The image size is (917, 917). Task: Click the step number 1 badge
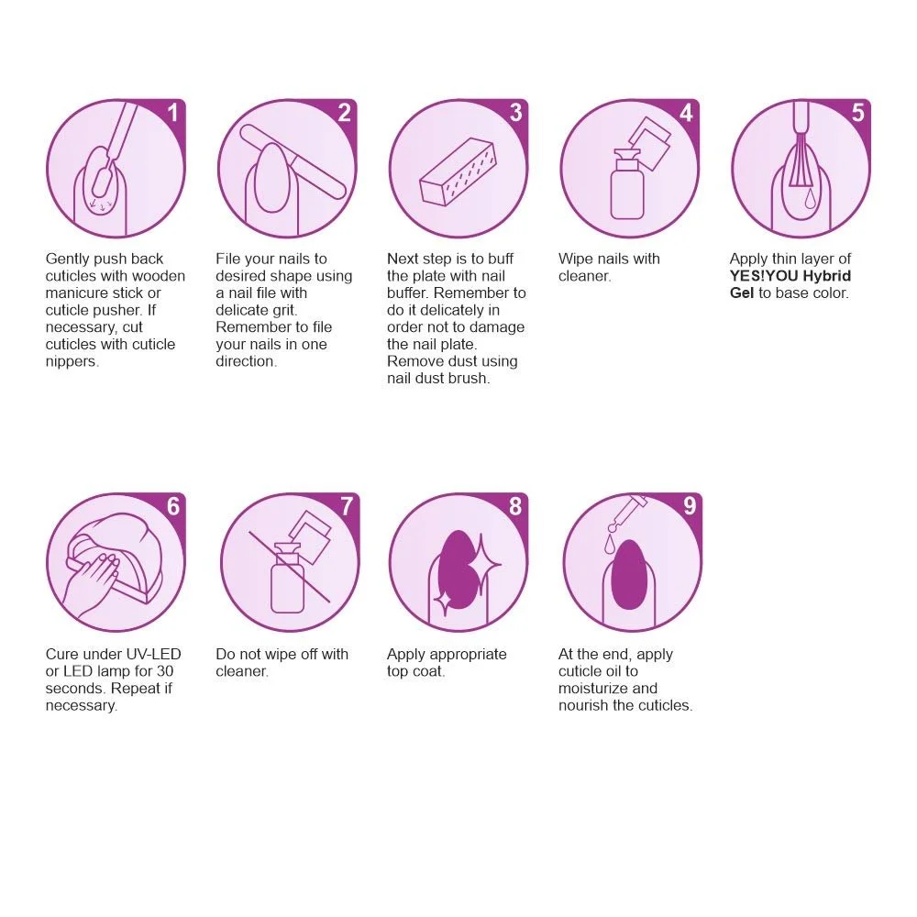(172, 112)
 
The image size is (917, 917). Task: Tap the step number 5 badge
(857, 112)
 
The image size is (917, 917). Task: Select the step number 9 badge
(690, 506)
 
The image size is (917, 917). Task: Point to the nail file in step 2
(293, 162)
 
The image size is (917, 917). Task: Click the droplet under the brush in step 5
(810, 199)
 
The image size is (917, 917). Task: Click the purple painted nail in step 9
(629, 576)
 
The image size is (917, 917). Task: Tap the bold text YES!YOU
(764, 276)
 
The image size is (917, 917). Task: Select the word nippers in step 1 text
(72, 362)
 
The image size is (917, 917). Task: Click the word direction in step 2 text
(246, 361)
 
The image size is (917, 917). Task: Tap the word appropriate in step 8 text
(468, 655)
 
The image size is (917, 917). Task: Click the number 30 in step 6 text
(165, 671)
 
